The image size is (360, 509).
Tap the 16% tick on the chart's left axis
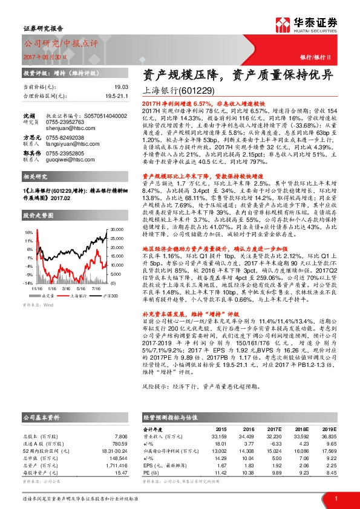(x=28, y=232)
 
